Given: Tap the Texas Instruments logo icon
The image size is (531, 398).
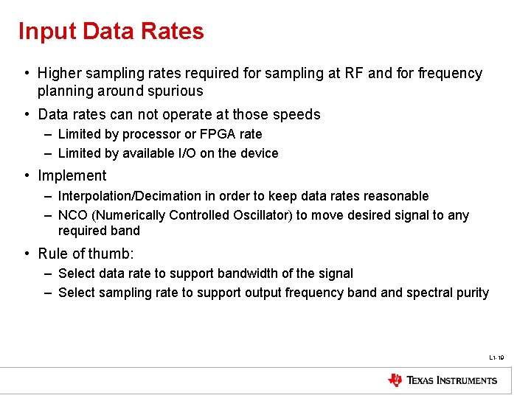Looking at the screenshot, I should [395, 380].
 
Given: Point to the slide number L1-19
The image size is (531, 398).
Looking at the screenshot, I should [496, 357].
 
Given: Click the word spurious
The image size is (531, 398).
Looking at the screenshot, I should [176, 91].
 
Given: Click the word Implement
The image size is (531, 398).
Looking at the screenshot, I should [72, 176].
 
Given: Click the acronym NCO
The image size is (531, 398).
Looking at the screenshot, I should [72, 215].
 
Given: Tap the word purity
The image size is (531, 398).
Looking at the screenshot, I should [472, 293].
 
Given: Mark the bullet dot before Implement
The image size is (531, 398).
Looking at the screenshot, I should [26, 176].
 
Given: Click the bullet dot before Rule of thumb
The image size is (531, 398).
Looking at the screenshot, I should [26, 254].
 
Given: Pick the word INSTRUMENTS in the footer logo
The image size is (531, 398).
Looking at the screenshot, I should [463, 380].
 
